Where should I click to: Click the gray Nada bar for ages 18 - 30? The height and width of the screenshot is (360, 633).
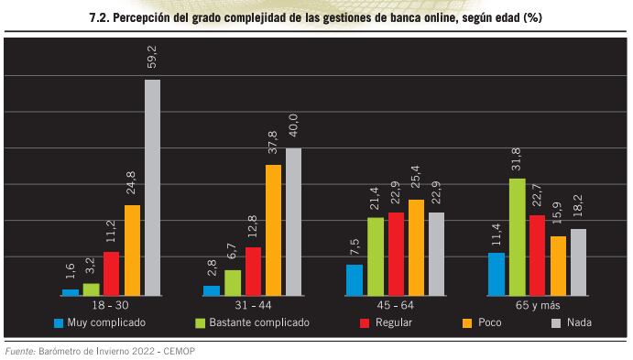[152, 187]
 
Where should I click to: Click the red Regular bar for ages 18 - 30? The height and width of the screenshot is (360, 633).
[111, 273]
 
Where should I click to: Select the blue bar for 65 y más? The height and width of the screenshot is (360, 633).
[497, 274]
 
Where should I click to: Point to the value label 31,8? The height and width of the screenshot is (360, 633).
[517, 160]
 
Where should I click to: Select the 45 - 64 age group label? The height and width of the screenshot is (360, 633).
[395, 304]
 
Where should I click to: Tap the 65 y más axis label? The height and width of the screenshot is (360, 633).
[537, 304]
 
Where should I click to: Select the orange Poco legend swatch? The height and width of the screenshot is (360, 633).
[467, 323]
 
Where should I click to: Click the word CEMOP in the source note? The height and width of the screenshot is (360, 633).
[177, 351]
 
